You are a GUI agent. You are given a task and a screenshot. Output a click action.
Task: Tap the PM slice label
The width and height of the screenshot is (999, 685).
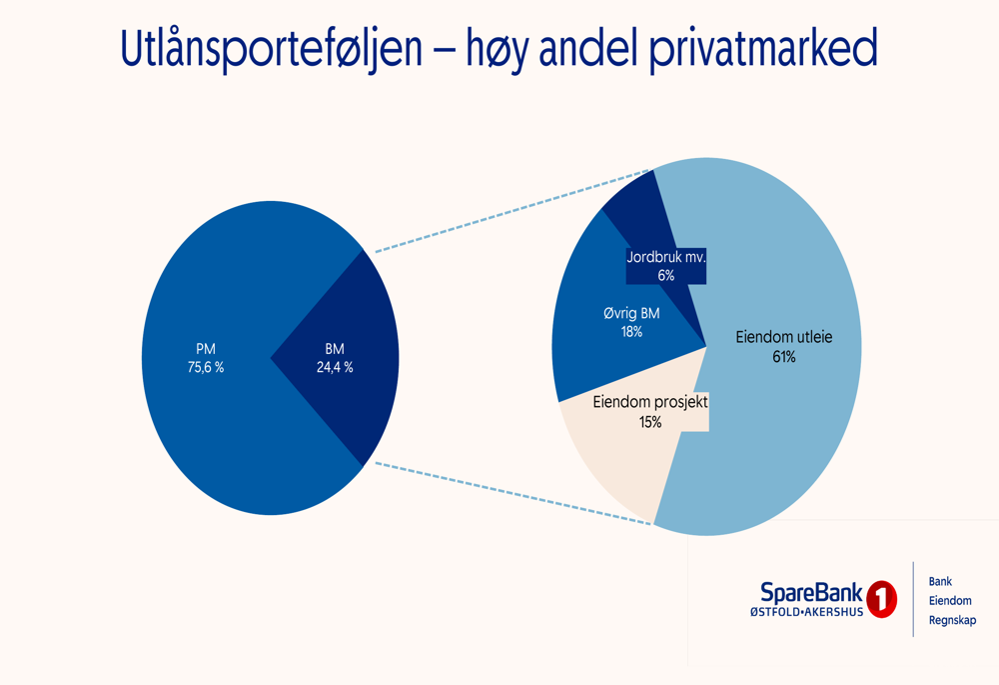(206, 349)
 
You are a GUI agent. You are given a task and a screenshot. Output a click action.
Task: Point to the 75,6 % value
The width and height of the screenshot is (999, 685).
(206, 367)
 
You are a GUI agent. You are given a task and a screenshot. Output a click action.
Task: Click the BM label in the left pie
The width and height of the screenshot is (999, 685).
(335, 349)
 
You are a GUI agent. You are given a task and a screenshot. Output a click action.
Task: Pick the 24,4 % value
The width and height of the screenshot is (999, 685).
(335, 367)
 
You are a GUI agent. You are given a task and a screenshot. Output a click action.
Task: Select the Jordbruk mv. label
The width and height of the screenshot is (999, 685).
(666, 257)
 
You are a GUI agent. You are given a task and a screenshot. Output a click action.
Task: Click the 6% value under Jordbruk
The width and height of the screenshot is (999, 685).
(666, 275)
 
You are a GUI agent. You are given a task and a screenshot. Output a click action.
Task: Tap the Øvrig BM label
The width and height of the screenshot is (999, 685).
(631, 313)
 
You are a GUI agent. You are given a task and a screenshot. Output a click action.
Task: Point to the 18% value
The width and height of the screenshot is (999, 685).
(631, 331)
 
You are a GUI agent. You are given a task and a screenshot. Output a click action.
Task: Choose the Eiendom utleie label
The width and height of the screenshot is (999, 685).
(783, 337)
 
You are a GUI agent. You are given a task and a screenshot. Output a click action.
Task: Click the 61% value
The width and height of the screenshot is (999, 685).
(783, 356)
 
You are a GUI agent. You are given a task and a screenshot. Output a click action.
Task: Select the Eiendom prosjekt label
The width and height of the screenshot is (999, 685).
(650, 403)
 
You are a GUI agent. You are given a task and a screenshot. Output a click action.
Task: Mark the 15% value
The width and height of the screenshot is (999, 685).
(650, 422)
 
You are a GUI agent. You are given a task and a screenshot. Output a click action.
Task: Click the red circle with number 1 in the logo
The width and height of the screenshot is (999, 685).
(881, 600)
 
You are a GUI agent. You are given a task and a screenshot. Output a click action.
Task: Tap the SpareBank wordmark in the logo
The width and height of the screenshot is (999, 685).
(811, 593)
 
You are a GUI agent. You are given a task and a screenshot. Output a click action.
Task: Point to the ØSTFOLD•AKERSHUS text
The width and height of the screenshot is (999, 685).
(807, 612)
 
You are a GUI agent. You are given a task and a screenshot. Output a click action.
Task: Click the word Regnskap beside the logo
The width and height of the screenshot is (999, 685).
(952, 621)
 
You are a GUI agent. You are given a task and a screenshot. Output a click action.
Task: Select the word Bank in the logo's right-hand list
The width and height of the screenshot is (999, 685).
(940, 581)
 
